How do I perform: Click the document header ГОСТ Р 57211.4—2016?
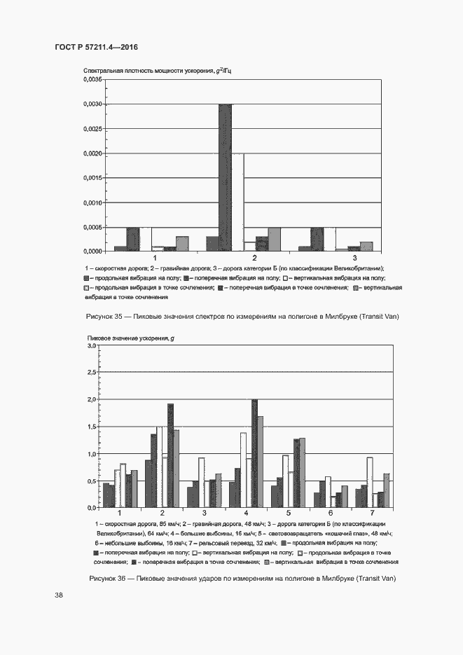[96, 47]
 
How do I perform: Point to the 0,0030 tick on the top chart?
[92, 104]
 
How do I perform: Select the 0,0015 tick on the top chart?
[92, 178]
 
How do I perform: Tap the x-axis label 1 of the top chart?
[156, 259]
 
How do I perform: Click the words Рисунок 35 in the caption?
[104, 317]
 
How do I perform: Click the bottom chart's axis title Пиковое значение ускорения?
[130, 339]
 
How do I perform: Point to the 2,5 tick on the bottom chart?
[91, 373]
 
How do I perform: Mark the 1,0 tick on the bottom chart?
[91, 454]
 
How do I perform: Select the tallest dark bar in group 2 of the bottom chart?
[170, 455]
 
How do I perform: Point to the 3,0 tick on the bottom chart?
[91, 346]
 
